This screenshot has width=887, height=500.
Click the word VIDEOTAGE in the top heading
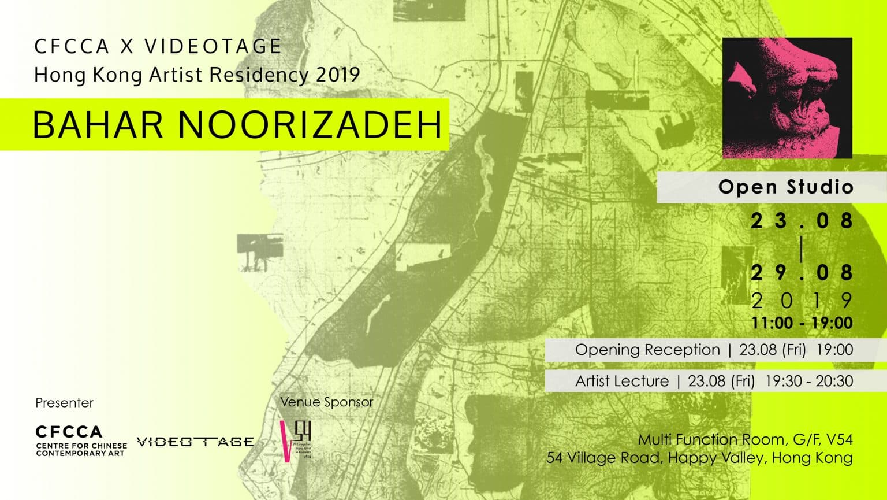pos(213,47)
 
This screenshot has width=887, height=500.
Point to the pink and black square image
pos(787,98)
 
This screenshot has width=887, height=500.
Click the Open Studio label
pos(785,187)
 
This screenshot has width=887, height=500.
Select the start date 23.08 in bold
pos(802,221)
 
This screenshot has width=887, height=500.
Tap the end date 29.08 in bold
pos(802,272)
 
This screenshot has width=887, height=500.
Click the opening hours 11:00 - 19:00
pos(802,323)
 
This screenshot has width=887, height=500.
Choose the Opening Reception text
pos(647,350)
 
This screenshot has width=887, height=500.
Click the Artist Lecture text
pos(622,381)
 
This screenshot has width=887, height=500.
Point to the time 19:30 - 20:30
pos(808,381)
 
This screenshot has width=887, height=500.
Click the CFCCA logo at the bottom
pos(81,441)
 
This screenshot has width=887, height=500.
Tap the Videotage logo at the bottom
pos(195,442)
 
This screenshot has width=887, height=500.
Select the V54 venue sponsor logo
pos(296,440)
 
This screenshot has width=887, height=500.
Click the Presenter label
pos(64,403)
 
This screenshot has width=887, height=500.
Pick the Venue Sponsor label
pos(326,402)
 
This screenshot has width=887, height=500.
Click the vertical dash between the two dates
pos(802,247)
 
